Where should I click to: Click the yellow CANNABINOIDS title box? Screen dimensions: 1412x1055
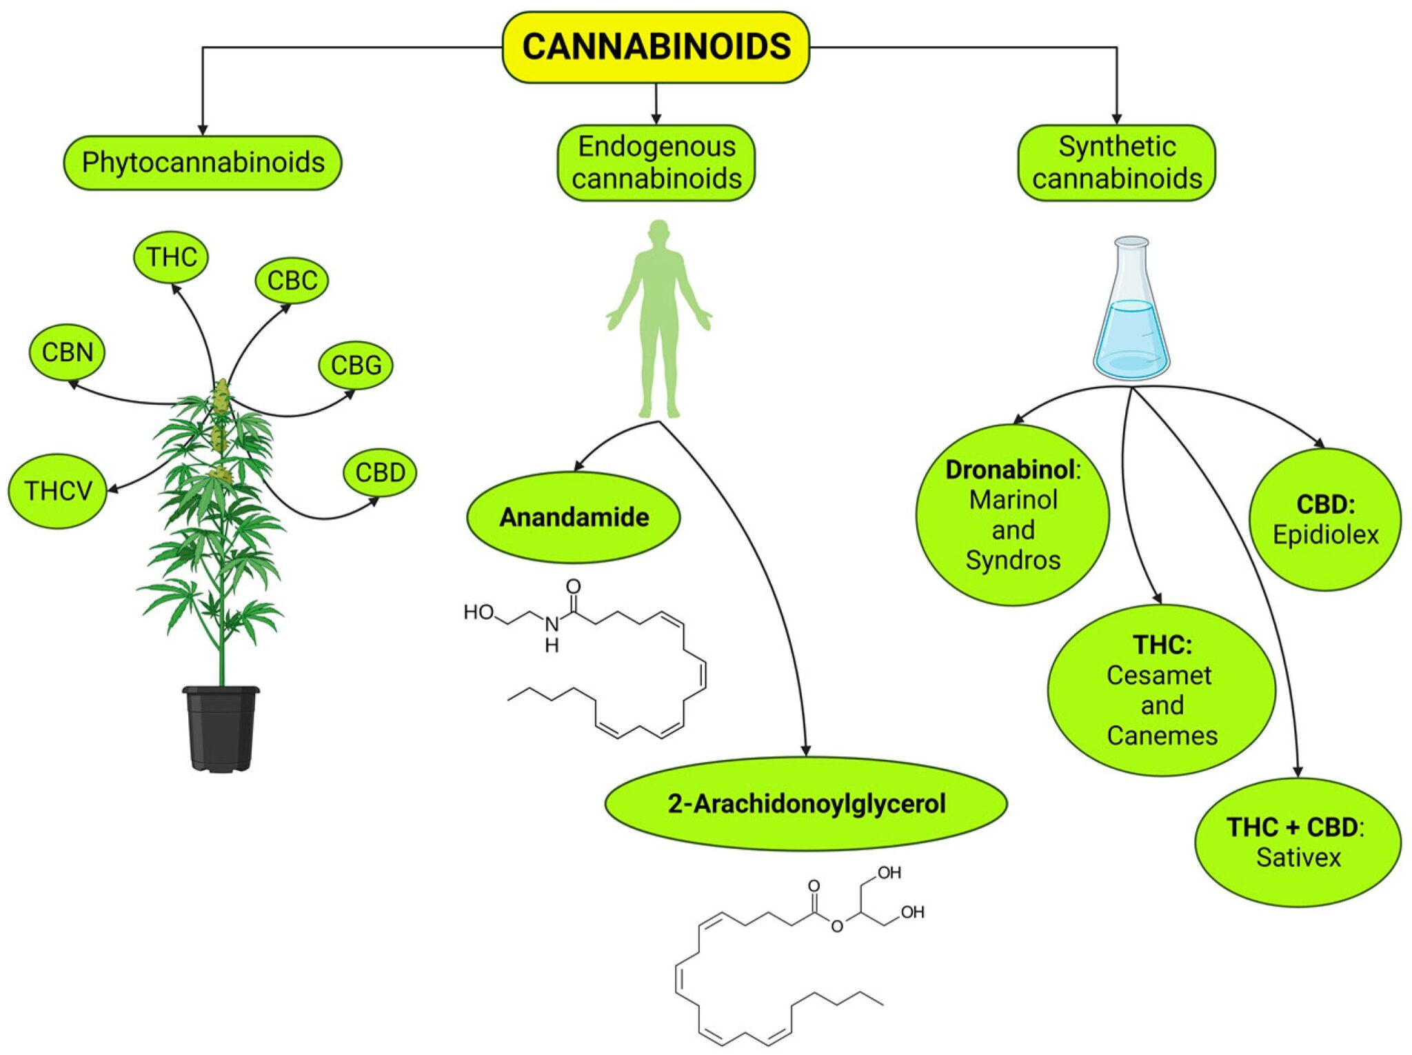656,47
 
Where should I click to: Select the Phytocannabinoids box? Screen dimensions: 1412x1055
203,163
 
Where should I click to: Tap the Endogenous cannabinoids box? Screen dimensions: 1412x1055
656,163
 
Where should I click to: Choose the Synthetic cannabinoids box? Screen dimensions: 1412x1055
1117,163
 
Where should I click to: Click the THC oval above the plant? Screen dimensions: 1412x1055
171,257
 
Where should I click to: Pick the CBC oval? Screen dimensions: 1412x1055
292,281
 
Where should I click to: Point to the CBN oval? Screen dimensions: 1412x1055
67,352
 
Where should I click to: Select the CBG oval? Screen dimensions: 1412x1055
356,365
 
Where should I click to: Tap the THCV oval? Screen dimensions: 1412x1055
58,491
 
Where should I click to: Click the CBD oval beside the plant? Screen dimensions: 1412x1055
380,473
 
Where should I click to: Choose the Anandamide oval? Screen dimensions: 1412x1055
574,517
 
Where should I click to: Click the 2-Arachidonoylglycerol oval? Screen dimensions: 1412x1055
806,804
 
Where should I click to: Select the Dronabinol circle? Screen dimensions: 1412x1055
1013,515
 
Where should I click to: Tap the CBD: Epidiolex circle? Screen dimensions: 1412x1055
1325,519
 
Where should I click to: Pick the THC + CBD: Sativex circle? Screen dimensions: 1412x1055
1298,842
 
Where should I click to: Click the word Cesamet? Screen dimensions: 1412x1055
1159,675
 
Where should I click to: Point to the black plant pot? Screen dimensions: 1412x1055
221,728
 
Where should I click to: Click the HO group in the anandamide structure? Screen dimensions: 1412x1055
478,612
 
